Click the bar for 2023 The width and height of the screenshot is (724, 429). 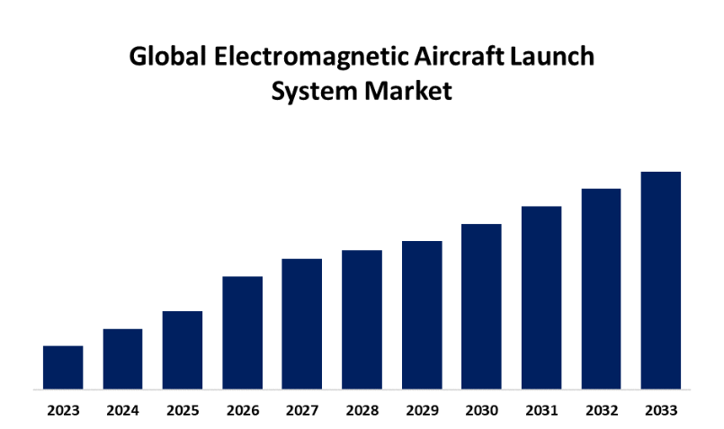coord(63,368)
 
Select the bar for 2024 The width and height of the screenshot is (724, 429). coord(122,359)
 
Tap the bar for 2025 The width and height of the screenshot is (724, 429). coord(183,350)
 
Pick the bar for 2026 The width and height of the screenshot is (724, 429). coord(242,333)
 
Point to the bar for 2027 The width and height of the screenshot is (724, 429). coord(302,324)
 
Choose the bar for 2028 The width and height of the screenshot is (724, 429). coord(362,319)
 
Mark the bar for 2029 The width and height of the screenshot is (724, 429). coord(422,315)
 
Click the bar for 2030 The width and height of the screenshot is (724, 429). coord(481,307)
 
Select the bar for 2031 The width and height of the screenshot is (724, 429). coord(541,298)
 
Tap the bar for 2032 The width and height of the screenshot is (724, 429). coord(601,289)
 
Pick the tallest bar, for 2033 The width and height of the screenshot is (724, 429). coord(661,281)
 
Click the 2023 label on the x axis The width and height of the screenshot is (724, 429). coord(63,411)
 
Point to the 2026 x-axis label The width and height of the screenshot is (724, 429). coord(242,411)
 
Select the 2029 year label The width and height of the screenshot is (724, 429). coord(422,411)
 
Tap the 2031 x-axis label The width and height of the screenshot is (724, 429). coord(541,411)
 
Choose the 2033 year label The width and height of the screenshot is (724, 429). coord(661,411)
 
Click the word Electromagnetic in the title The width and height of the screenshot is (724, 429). coord(289,58)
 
